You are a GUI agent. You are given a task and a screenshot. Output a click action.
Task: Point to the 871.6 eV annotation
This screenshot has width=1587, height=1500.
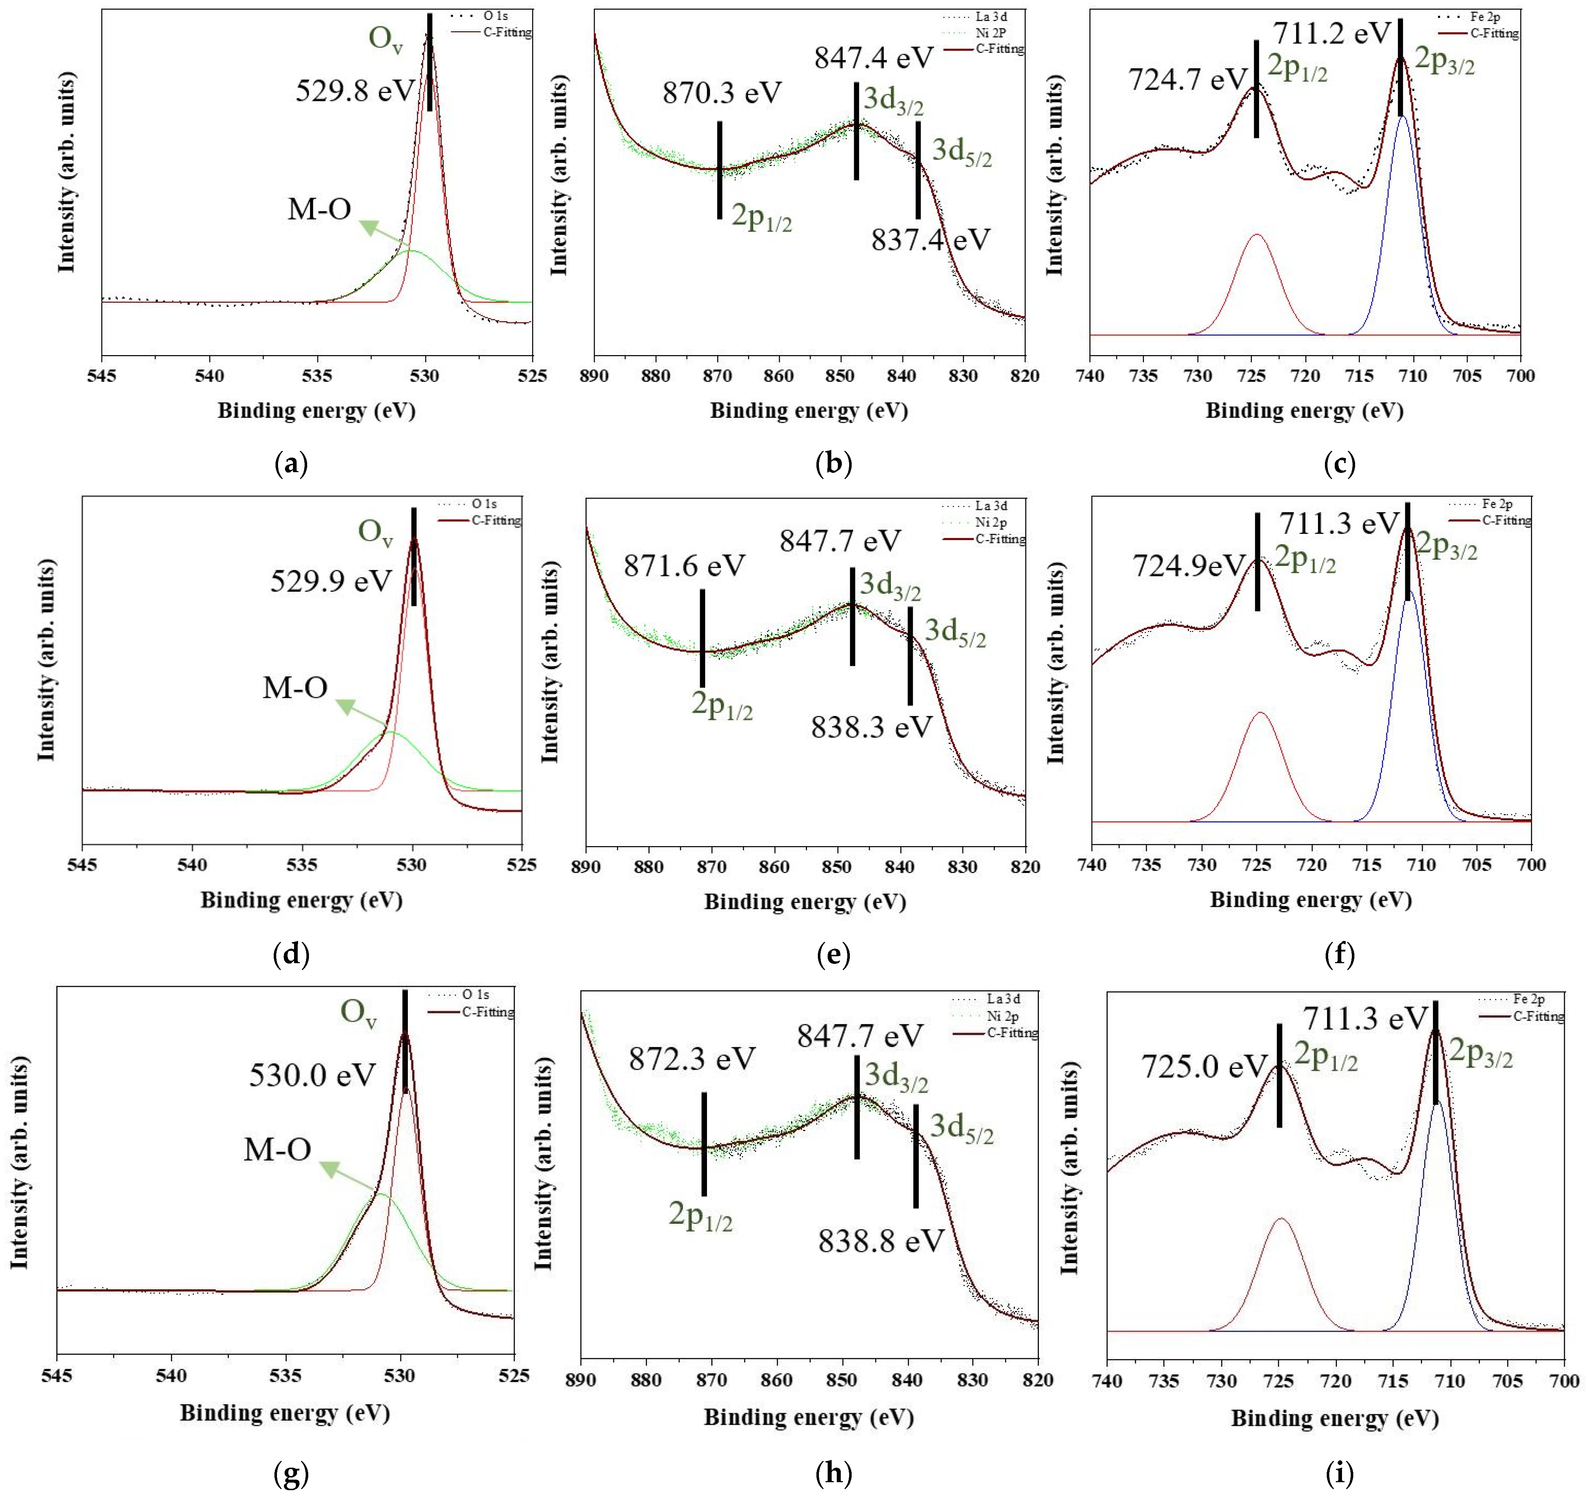tap(684, 566)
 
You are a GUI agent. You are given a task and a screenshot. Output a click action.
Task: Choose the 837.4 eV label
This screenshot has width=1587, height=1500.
tap(931, 240)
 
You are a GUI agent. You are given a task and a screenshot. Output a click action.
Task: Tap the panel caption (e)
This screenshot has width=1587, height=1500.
tap(834, 954)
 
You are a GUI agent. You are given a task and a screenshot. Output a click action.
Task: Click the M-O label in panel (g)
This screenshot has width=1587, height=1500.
tap(277, 1150)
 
